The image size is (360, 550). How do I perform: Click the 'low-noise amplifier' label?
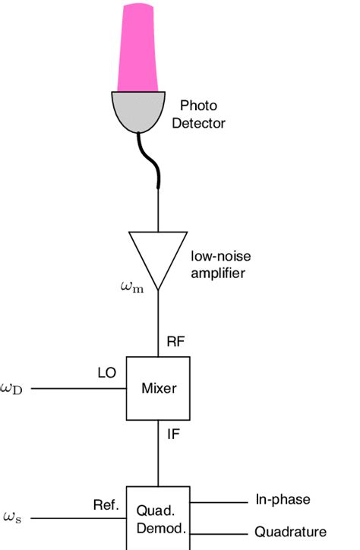217,265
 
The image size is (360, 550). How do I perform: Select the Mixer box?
159,388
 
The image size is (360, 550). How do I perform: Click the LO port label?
107,373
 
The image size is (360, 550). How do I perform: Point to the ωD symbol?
14,388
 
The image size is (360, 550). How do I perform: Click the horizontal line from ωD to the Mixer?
76,388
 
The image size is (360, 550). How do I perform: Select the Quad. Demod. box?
158,517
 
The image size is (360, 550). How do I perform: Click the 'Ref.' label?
106,504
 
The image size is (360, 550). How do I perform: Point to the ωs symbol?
12,517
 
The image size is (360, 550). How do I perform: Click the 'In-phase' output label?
282,500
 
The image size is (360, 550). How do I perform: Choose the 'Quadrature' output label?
290,532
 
